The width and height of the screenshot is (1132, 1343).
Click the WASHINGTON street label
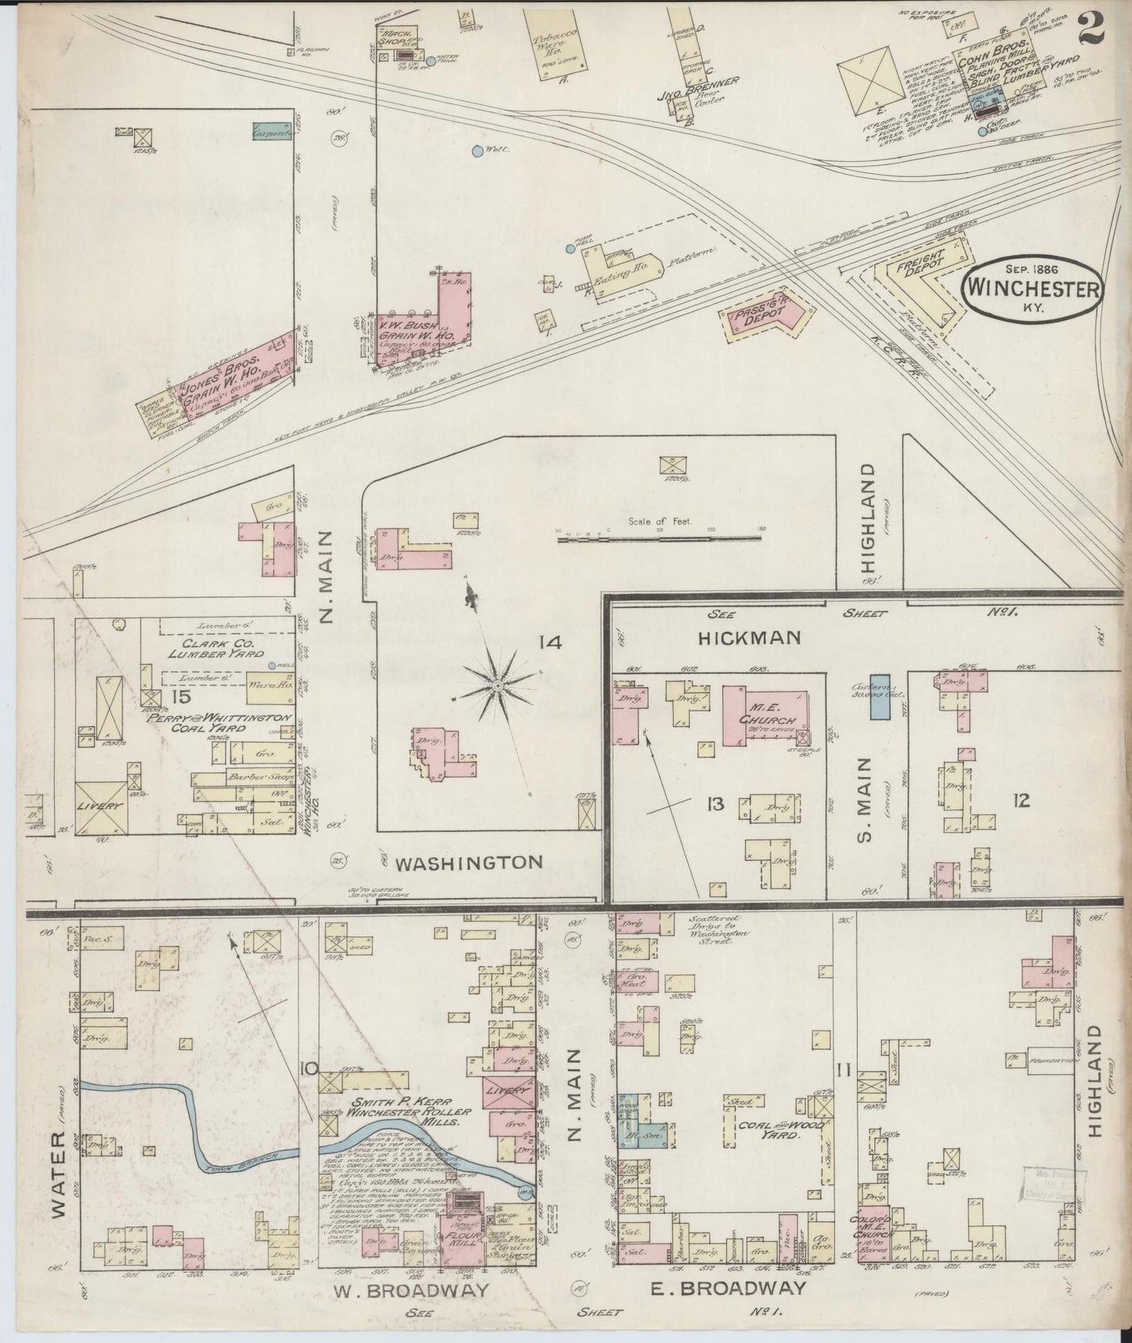[x=468, y=863]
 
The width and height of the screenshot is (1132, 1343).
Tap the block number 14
[x=550, y=643]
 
